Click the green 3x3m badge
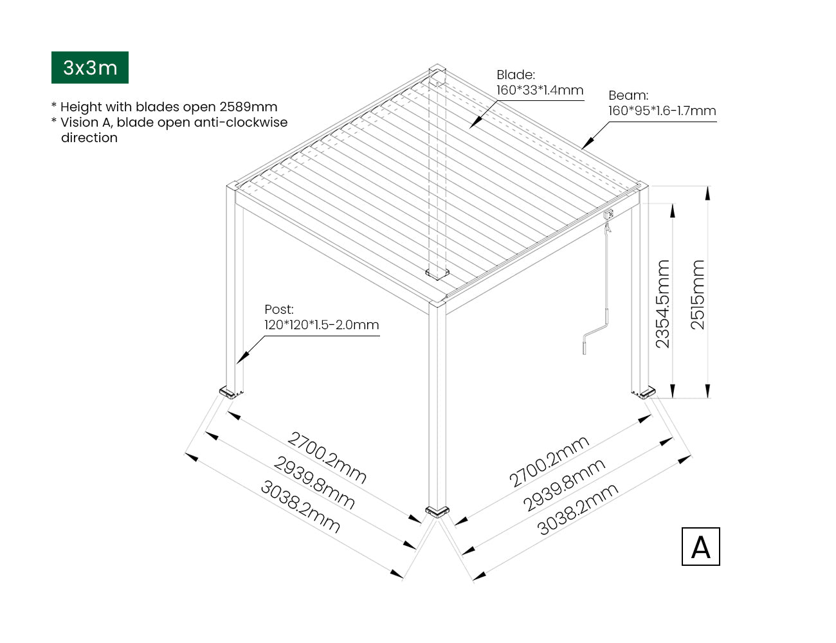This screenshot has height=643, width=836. click(90, 68)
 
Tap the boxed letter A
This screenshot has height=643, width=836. click(700, 547)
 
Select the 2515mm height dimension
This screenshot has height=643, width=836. click(698, 294)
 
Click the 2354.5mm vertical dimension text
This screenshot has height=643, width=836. click(662, 303)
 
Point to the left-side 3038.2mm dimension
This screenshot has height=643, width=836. click(300, 507)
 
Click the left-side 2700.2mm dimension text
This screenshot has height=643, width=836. click(327, 457)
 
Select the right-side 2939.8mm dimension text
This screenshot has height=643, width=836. click(563, 485)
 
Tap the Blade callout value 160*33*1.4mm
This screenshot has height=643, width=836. click(540, 90)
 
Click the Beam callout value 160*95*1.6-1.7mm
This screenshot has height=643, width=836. click(662, 111)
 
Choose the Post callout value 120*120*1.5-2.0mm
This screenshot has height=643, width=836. click(322, 325)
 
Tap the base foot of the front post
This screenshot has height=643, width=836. click(439, 512)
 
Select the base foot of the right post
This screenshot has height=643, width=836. click(644, 392)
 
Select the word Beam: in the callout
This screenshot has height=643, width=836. click(628, 96)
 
